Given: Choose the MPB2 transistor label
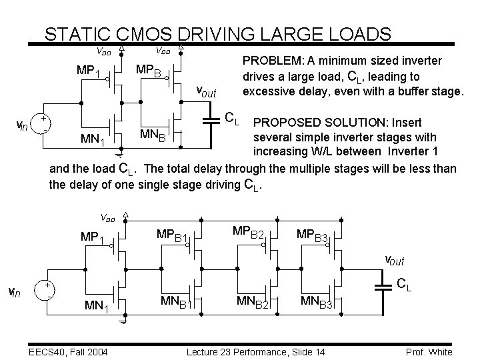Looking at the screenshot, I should (249, 233).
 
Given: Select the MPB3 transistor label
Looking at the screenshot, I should (313, 237).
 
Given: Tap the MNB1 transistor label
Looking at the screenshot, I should (177, 303).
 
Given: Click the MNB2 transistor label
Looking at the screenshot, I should (253, 303).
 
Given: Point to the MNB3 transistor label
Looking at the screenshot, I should (316, 303).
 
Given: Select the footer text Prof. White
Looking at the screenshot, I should (429, 351).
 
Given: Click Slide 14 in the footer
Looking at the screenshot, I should (295, 351).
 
